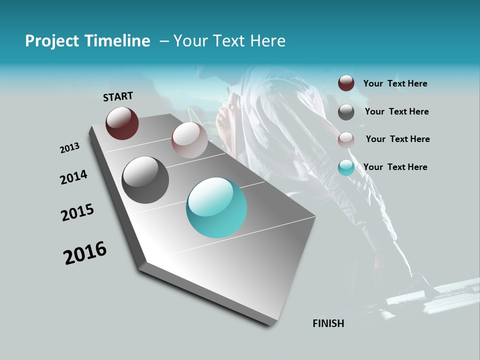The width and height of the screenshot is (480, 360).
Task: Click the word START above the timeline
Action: [x=118, y=96]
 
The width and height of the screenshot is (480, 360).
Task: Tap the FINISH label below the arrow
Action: [x=328, y=323]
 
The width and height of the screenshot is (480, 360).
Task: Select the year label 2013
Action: [x=69, y=148]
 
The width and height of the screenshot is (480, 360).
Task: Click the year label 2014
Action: [x=73, y=177]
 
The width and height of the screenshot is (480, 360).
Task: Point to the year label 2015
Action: [x=77, y=212]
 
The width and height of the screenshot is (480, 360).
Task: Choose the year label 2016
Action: [x=85, y=253]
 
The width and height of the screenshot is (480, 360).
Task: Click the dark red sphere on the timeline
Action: [x=122, y=123]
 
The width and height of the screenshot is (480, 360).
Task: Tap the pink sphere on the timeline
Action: [x=189, y=139]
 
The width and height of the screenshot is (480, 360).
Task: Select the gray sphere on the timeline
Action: [x=145, y=179]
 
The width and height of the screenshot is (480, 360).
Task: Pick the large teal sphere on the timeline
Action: [x=216, y=207]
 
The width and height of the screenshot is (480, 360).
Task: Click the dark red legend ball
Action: [x=346, y=83]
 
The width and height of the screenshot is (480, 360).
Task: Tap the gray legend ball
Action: [x=346, y=112]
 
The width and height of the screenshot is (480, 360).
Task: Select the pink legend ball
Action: [x=346, y=140]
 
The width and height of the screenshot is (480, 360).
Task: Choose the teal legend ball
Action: [x=346, y=167]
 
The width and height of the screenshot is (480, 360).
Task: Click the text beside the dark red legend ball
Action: [x=395, y=84]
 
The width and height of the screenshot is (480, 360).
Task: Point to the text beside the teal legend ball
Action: [x=395, y=167]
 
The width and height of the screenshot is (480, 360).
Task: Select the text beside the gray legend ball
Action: [x=396, y=111]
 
